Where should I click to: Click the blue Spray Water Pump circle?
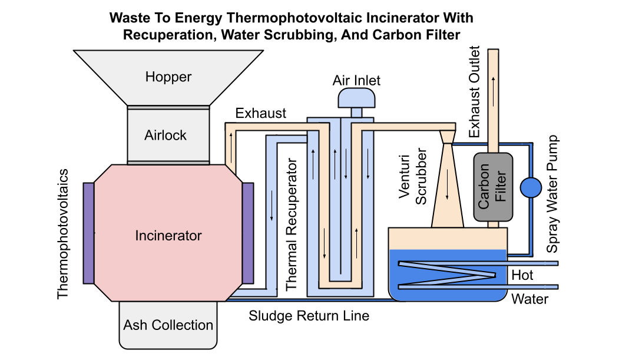click(531, 188)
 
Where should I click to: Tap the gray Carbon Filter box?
click(492, 188)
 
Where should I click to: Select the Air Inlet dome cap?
click(356, 98)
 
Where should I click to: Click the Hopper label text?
click(168, 77)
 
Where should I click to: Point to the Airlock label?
click(165, 136)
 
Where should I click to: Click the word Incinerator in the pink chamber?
click(168, 236)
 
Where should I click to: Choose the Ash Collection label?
click(168, 325)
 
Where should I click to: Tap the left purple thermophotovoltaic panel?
click(89, 233)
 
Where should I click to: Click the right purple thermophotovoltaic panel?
click(248, 233)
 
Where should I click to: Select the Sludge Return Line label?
click(309, 316)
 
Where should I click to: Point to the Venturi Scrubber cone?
click(447, 189)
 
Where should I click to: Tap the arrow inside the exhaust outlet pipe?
click(493, 82)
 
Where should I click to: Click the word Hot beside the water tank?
click(522, 275)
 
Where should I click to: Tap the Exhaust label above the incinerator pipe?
click(260, 113)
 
